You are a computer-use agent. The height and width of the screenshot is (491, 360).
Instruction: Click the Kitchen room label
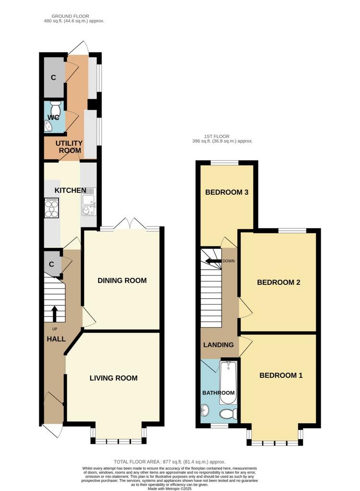(70, 190)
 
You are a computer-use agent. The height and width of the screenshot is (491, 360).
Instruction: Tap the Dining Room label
(122, 281)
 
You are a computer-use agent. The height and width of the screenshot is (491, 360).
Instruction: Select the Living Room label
(114, 378)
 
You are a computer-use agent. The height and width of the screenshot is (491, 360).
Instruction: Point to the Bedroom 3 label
(227, 192)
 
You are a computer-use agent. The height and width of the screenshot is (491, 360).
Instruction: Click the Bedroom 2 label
(279, 282)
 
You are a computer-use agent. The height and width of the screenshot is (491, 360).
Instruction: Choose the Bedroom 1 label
(281, 375)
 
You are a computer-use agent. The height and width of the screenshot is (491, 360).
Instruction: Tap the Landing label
(219, 345)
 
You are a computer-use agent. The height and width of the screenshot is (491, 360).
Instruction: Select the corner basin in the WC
(48, 126)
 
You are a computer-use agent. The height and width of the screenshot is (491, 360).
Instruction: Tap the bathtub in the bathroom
(228, 383)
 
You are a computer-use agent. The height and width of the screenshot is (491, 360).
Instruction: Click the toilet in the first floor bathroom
(228, 414)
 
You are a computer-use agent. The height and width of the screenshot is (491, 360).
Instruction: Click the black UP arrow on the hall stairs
(55, 314)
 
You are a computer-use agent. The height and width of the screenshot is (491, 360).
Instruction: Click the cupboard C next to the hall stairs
(52, 264)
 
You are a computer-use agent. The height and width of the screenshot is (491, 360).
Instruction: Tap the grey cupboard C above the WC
(54, 77)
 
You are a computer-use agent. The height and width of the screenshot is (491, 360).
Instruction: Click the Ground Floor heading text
(70, 16)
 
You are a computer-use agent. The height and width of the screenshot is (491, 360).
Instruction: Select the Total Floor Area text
(169, 462)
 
